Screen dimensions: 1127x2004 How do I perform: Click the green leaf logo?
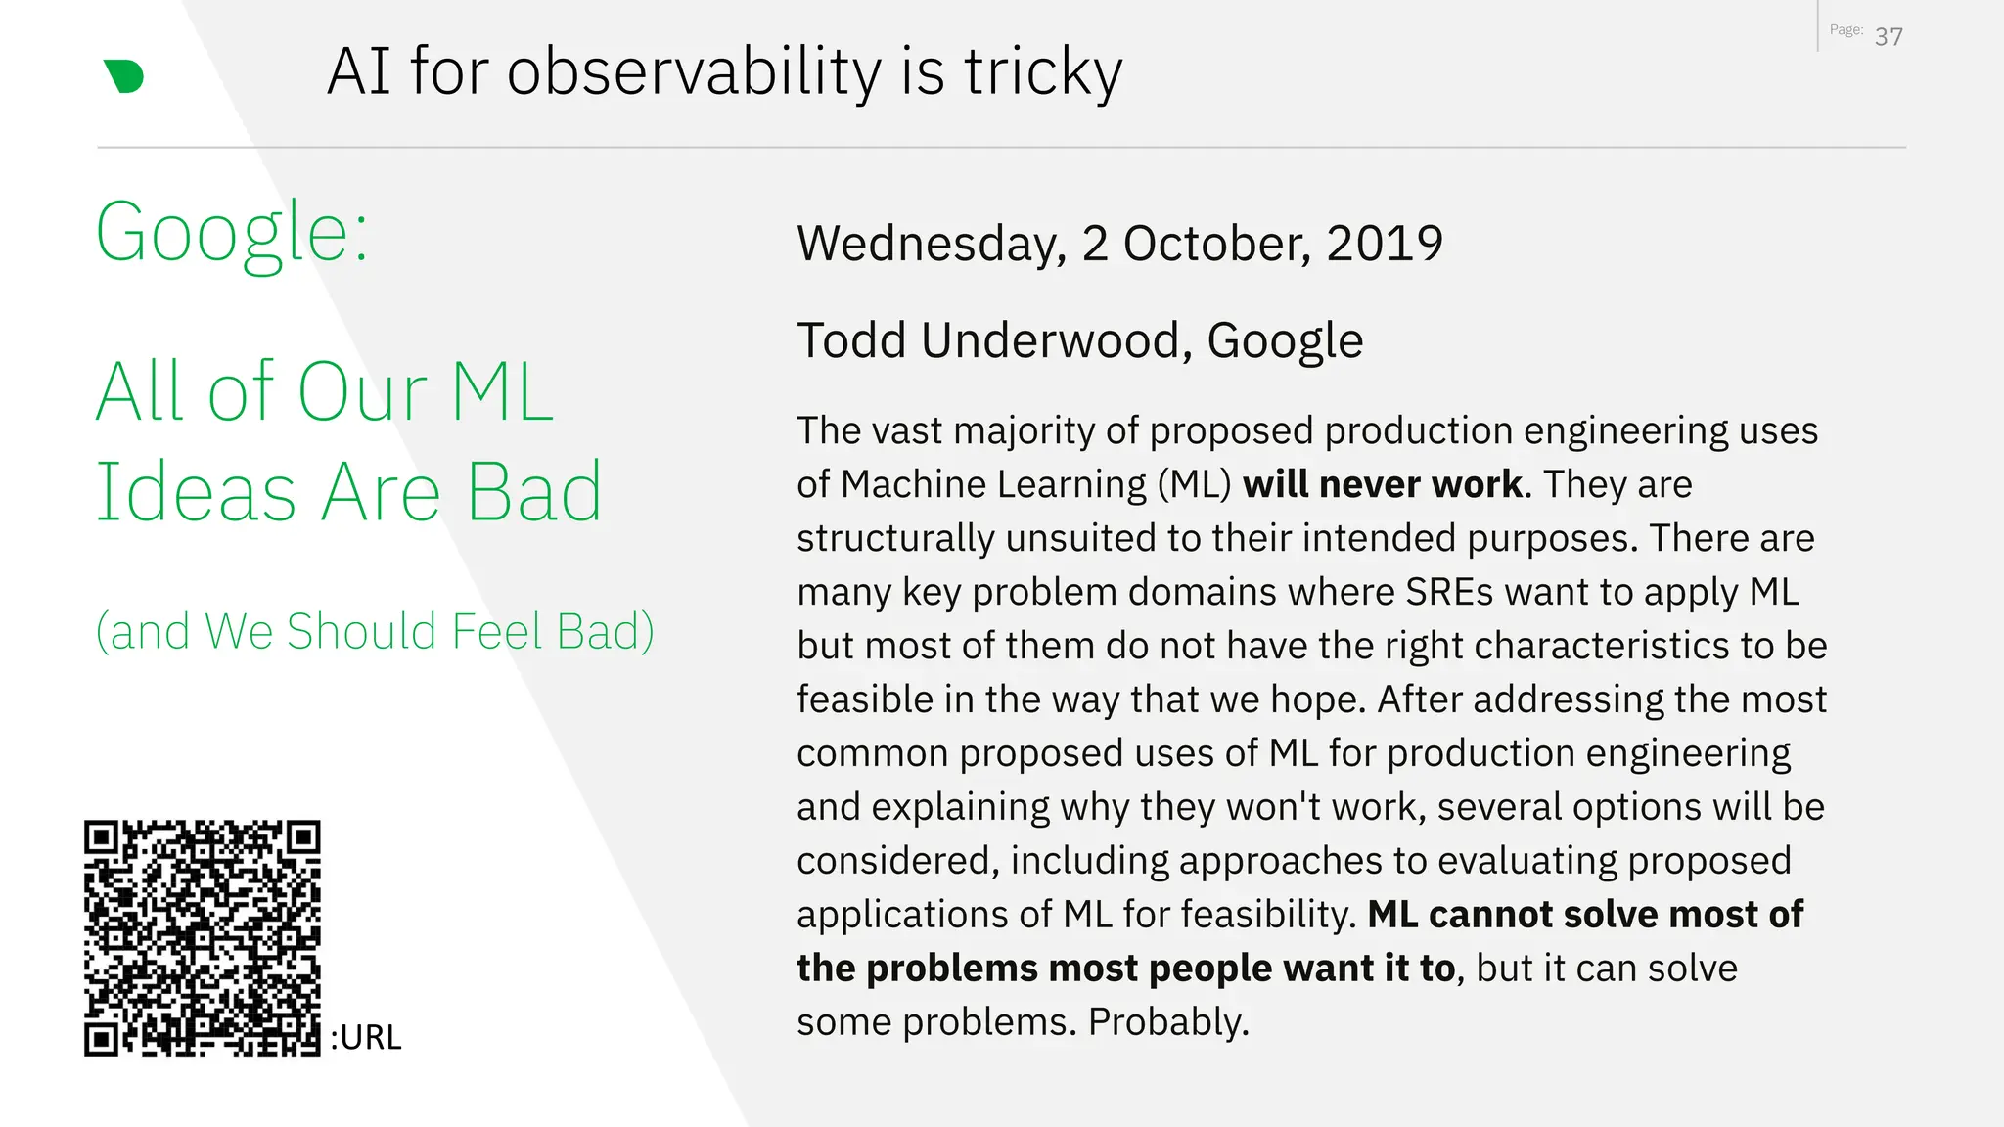point(124,76)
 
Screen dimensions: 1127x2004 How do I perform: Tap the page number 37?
point(1889,37)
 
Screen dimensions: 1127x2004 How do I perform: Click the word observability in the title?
point(694,71)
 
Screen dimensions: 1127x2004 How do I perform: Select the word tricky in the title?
point(1043,71)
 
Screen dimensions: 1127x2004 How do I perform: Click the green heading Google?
point(232,233)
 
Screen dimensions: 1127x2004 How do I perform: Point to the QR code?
point(203,938)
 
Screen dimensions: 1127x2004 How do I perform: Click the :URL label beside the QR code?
point(366,1037)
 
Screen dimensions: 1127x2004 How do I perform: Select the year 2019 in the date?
point(1385,243)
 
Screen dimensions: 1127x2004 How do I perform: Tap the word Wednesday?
point(931,243)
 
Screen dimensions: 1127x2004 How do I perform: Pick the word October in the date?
point(1216,243)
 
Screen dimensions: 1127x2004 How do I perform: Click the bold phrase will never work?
point(1382,484)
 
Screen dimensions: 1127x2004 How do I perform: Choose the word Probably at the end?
point(1168,1022)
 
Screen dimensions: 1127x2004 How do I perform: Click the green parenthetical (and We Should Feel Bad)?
point(375,631)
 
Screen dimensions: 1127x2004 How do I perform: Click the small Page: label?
point(1845,30)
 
